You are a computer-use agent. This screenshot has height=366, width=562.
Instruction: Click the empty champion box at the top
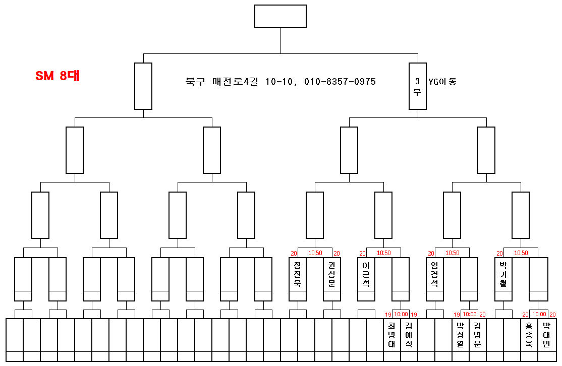[x=280, y=16]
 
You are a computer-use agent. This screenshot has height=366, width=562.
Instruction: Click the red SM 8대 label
[x=58, y=76]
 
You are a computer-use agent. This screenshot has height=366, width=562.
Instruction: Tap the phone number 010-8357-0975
[x=340, y=82]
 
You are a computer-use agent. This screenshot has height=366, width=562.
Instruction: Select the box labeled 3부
[x=418, y=86]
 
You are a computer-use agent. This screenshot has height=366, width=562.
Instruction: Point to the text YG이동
[x=442, y=81]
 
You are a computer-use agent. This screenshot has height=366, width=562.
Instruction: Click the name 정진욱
[x=298, y=274]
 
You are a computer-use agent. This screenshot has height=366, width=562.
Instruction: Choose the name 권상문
[x=332, y=274]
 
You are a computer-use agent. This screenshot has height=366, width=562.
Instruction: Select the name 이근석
[x=366, y=274]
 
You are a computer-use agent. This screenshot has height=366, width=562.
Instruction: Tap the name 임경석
[x=435, y=274]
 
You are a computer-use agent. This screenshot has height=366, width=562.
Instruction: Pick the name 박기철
[x=503, y=274]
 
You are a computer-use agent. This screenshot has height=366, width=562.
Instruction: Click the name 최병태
[x=391, y=335]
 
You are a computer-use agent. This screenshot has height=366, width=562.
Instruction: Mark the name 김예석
[x=409, y=335]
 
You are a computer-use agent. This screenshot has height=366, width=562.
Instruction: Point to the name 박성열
[x=460, y=335]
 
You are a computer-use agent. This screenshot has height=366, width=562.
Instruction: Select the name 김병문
[x=478, y=335]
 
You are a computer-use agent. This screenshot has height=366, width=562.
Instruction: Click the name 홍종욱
[x=529, y=335]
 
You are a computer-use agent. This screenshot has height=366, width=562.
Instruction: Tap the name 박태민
[x=546, y=335]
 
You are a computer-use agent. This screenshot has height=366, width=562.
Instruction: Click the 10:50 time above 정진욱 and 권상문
[x=315, y=253]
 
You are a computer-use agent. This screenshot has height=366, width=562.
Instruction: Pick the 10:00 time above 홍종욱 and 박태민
[x=538, y=314]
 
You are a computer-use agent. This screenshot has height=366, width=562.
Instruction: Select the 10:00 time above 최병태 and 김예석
[x=401, y=314]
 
